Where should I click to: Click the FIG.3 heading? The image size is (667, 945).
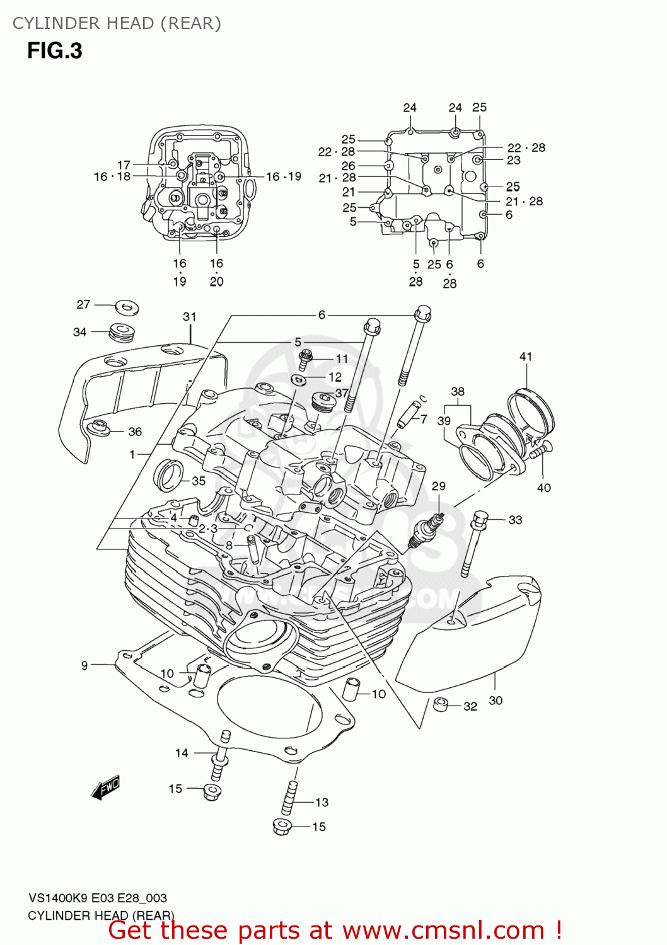pos(55,50)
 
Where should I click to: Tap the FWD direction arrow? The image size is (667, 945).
pos(105,788)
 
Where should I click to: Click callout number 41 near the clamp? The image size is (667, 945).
pos(526,357)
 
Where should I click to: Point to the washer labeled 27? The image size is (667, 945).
pos(127,308)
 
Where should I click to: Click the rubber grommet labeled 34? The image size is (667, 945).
pos(121,332)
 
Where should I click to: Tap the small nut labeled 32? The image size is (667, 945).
pos(441,704)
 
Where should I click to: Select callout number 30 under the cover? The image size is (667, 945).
pos(496,701)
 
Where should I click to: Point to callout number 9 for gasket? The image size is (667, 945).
pos(84,665)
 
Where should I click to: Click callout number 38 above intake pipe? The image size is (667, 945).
pos(458,391)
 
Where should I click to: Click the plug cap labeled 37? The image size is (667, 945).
pos(323,401)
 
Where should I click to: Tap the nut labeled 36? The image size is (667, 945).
pos(98,428)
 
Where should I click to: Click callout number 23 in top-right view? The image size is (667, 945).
pos(514,160)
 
